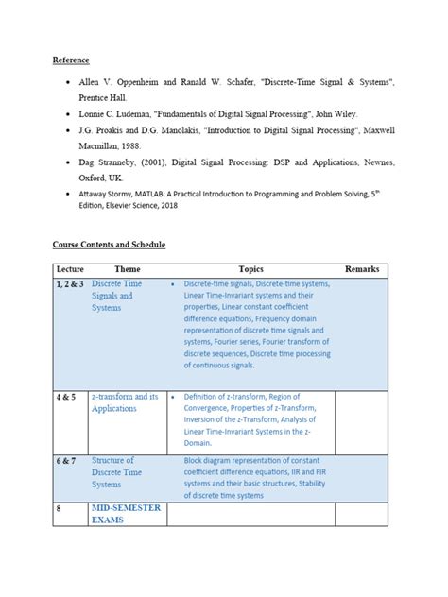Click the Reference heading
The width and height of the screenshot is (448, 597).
pyautogui.click(x=71, y=60)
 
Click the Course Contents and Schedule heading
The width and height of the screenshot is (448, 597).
pyautogui.click(x=109, y=245)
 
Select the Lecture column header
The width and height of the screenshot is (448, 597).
pyautogui.click(x=70, y=269)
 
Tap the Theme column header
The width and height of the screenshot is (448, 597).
pyautogui.click(x=127, y=269)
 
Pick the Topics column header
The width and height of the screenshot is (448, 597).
pyautogui.click(x=251, y=269)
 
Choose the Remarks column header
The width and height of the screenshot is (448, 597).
pyautogui.click(x=361, y=269)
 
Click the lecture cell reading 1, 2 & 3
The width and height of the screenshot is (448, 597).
pyautogui.click(x=70, y=283)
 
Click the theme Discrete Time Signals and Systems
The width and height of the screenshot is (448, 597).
pyautogui.click(x=116, y=296)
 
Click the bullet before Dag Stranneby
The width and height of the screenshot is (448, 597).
pyautogui.click(x=69, y=163)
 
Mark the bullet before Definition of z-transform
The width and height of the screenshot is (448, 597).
pyautogui.click(x=173, y=397)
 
